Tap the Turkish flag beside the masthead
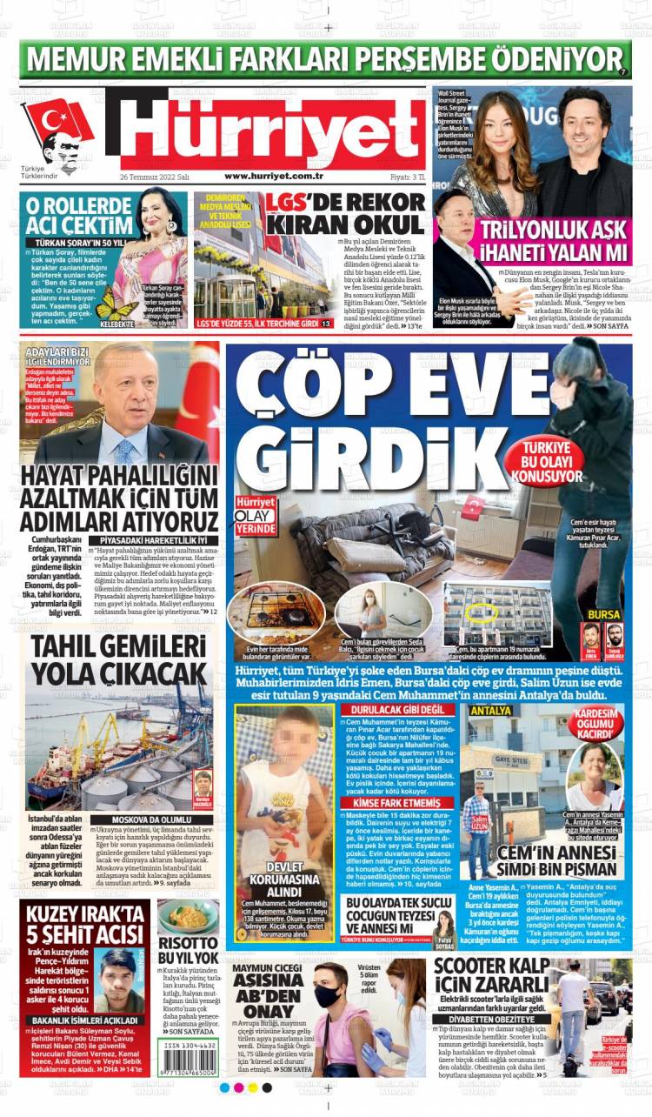tap(57, 121)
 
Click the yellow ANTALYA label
tap(489, 711)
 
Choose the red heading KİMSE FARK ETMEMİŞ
tap(384, 803)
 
